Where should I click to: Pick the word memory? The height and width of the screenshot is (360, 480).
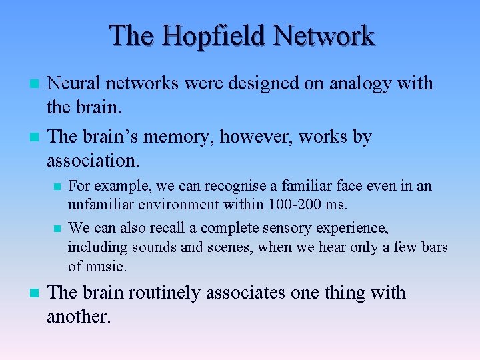click(178, 137)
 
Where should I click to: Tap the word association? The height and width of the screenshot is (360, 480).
click(93, 160)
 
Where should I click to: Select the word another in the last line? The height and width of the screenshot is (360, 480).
click(77, 316)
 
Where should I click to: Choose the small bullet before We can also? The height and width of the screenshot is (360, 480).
click(57, 229)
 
